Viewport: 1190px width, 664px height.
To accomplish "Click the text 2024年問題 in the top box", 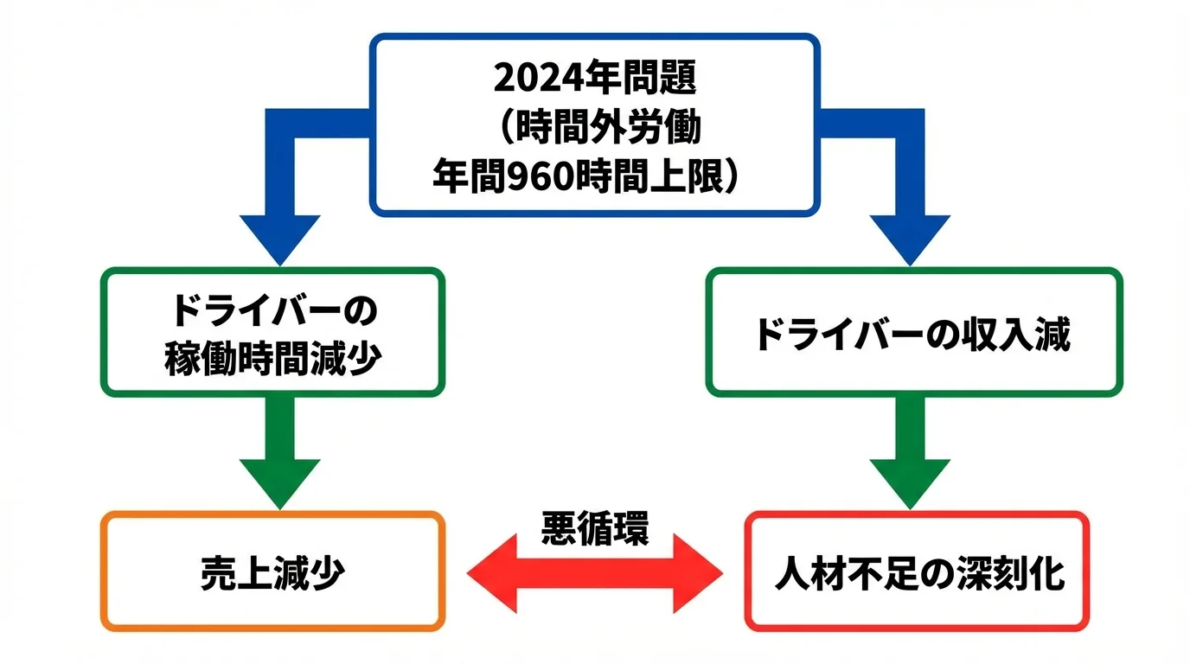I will [594, 79].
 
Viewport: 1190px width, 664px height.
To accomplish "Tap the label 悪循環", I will [594, 527].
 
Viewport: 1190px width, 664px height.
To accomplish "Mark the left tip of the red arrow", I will [472, 573].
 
